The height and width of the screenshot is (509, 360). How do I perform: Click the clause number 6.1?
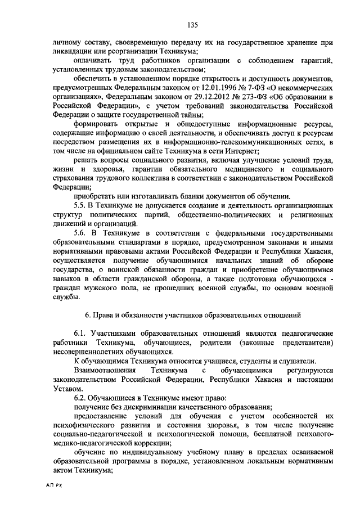tap(81, 334)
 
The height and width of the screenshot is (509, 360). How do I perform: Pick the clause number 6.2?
tap(81, 398)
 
